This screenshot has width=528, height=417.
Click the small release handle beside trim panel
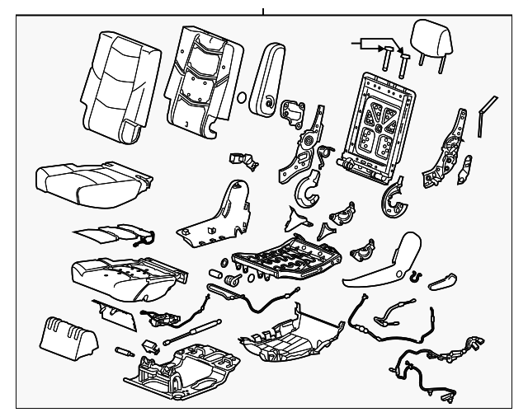point(444,281)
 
